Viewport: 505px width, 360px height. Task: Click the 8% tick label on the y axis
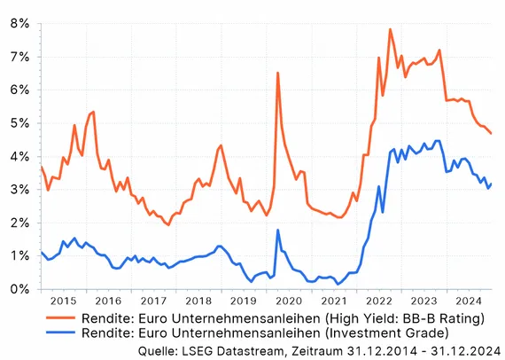click(x=19, y=24)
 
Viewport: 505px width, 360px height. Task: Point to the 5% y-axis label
click(x=19, y=123)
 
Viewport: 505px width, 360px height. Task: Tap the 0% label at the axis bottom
click(x=19, y=289)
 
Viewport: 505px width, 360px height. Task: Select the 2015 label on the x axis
click(x=62, y=301)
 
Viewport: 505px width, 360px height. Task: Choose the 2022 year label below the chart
click(x=377, y=301)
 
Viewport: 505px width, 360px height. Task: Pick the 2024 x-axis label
click(x=468, y=301)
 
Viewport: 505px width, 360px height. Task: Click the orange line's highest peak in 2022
click(x=390, y=29)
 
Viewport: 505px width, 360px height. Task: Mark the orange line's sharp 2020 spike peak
click(x=277, y=73)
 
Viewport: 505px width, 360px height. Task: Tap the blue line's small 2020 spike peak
click(x=277, y=230)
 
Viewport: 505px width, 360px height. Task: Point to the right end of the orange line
click(x=492, y=134)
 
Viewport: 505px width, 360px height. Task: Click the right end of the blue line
click(x=492, y=184)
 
